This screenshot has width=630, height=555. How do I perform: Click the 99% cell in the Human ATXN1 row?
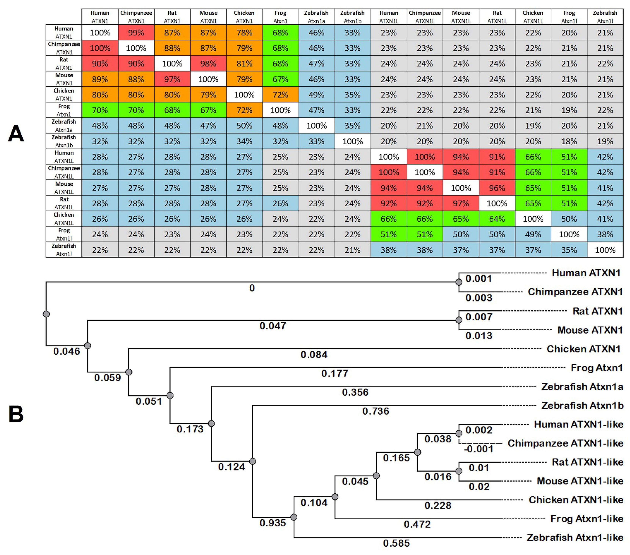[136, 33]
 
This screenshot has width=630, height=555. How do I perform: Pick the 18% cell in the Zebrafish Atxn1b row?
[569, 141]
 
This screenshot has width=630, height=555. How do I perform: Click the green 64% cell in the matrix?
[497, 219]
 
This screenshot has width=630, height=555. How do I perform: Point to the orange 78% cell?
[244, 33]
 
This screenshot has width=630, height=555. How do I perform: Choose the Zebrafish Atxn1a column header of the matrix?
[316, 17]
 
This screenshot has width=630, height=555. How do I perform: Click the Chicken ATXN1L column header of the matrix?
[533, 17]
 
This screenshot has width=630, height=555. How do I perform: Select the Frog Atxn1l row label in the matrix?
[64, 234]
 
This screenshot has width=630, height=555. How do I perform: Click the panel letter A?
[16, 133]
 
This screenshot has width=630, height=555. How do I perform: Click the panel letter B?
[16, 414]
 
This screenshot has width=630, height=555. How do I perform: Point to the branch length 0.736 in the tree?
[376, 411]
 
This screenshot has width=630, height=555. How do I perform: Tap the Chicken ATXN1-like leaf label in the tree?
[576, 500]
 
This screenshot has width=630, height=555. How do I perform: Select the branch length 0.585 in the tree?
[396, 543]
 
